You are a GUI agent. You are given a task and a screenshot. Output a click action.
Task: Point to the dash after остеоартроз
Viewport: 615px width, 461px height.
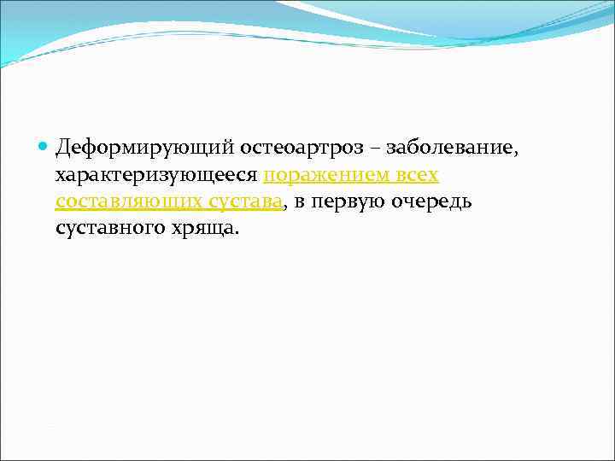point(375,149)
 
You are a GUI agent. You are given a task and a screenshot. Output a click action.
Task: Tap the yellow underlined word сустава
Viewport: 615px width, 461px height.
point(247,202)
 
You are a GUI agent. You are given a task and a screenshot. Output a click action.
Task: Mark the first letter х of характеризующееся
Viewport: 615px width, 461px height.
point(60,177)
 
